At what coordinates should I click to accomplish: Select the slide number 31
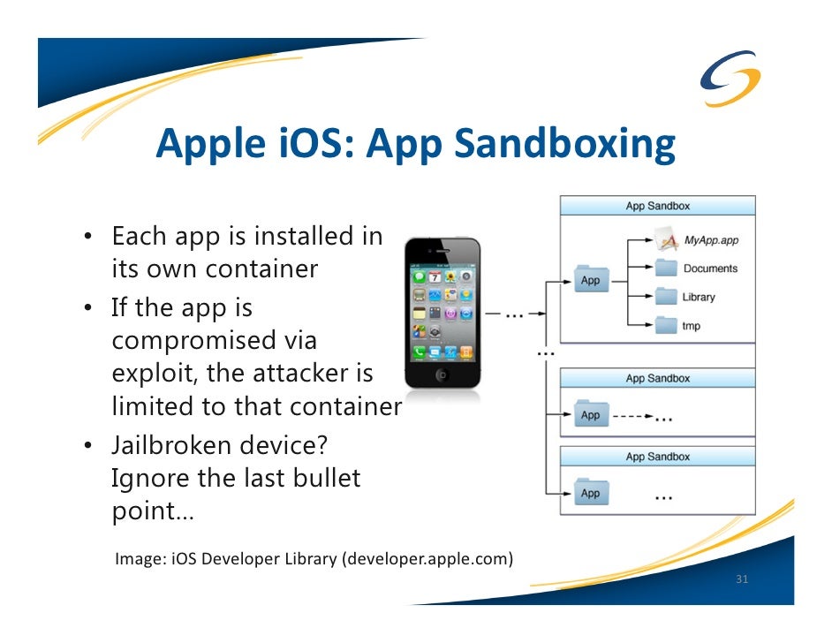[x=742, y=580]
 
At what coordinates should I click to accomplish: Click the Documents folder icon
[x=667, y=268]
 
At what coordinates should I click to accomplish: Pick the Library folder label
[x=698, y=297]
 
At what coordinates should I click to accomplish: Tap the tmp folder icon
[x=667, y=326]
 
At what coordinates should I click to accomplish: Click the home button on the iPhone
[x=442, y=374]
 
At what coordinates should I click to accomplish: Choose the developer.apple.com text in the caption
[x=428, y=558]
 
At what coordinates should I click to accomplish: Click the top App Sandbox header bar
[x=657, y=206]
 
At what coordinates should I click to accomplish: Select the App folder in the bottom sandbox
[x=590, y=493]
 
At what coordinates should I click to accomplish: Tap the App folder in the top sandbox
[x=590, y=280]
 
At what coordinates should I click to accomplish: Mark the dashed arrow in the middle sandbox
[x=632, y=415]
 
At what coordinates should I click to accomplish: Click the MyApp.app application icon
[x=667, y=238]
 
